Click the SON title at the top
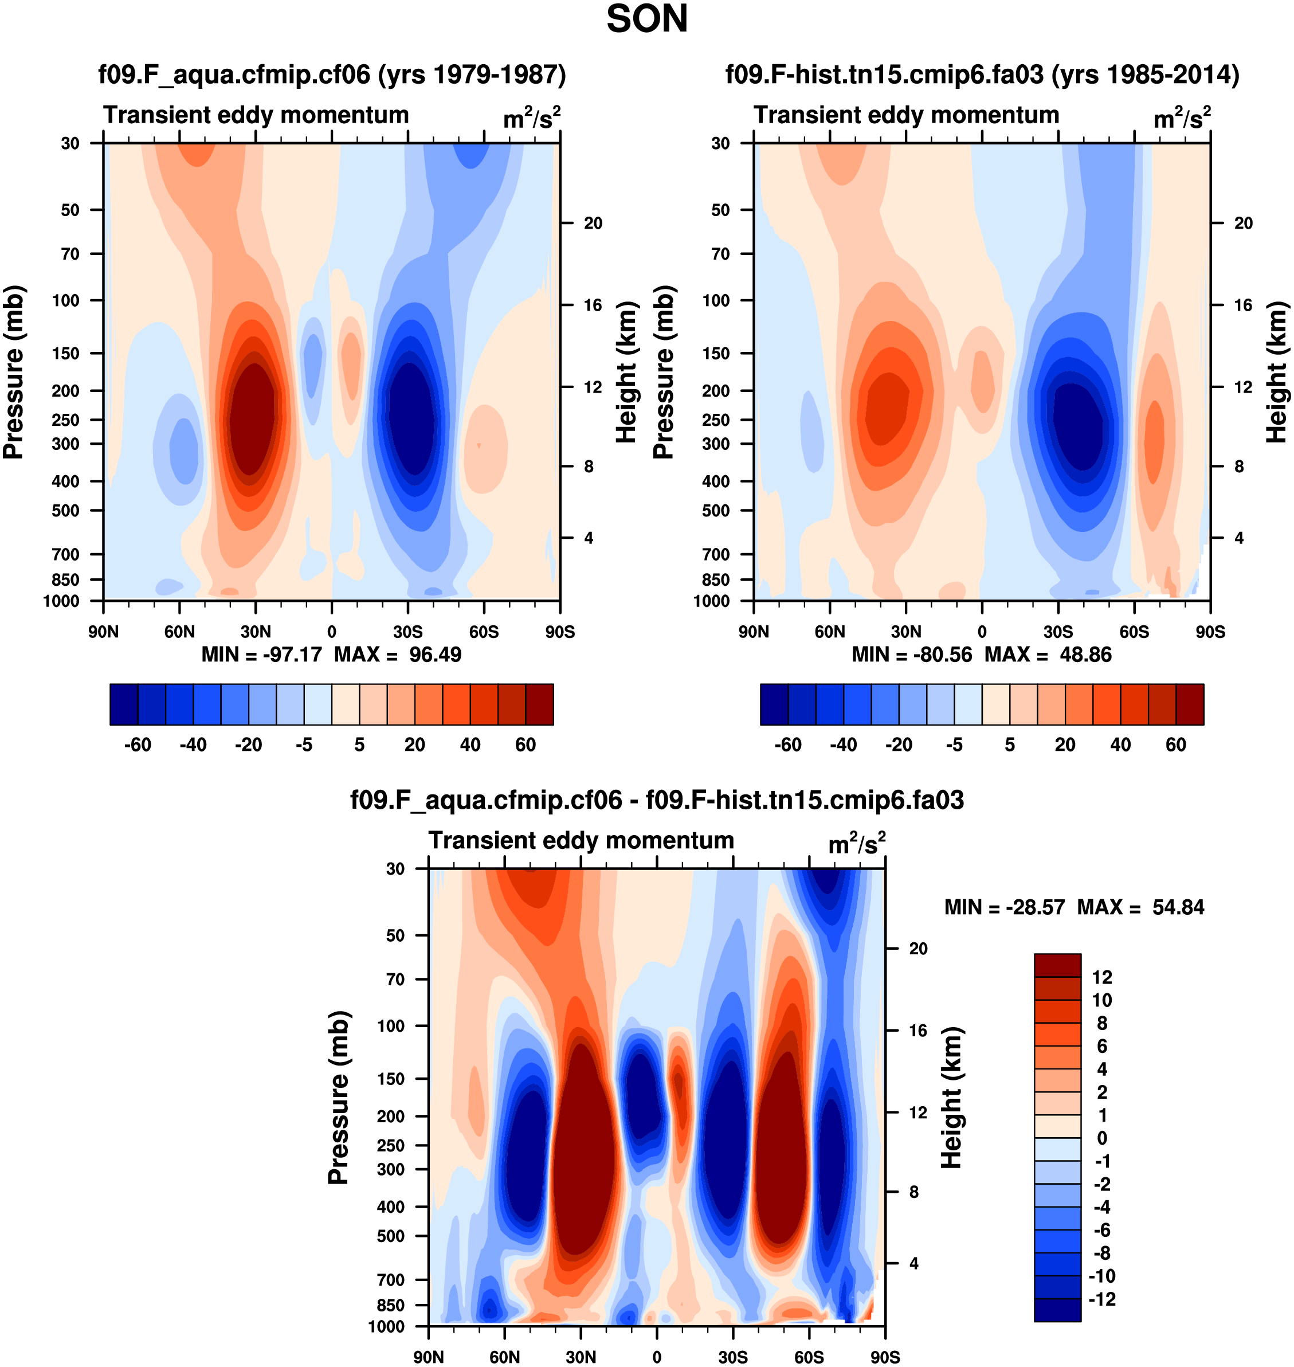(646, 19)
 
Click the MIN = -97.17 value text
(261, 654)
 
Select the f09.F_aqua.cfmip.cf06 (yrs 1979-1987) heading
(332, 74)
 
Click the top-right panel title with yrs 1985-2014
(982, 74)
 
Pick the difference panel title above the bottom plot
(657, 800)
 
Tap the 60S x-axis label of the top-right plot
(1134, 632)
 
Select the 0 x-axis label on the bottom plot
(657, 1357)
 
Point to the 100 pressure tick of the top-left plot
(66, 300)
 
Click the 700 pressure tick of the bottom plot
(390, 1279)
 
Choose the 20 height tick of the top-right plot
(1243, 223)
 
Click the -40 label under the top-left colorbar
(193, 745)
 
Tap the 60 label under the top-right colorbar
(1175, 745)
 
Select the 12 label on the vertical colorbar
(1102, 977)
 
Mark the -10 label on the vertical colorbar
(1101, 1276)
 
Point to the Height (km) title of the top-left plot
(625, 373)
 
